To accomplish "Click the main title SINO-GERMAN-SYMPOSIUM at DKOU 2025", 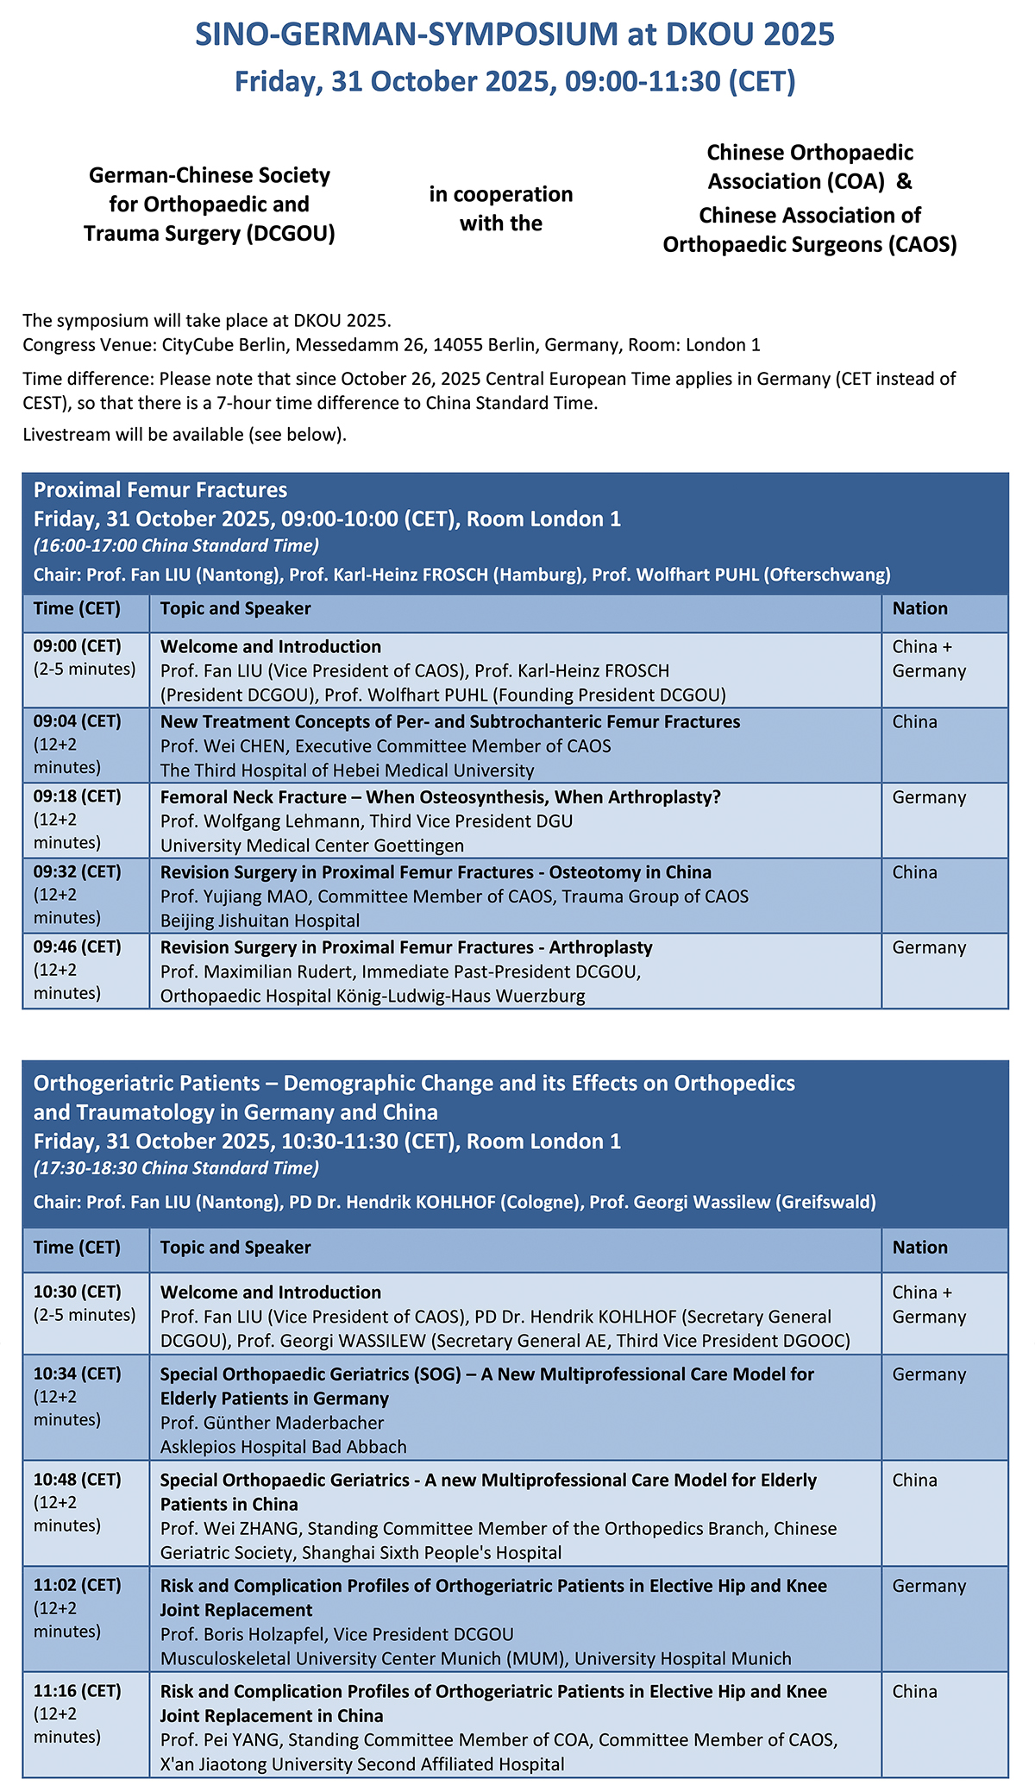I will point(515,35).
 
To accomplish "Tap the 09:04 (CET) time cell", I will point(78,722).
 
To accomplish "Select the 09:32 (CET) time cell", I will point(78,872).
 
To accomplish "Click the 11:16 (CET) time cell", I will point(78,1691).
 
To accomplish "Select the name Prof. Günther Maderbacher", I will point(272,1423).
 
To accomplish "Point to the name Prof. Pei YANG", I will point(221,1740).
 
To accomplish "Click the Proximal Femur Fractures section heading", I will point(160,490).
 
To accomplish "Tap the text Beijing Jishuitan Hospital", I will point(260,921).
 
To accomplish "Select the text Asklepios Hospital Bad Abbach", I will point(283,1447).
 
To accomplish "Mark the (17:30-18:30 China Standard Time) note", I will point(176,1168).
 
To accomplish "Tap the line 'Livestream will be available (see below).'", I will point(185,435).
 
